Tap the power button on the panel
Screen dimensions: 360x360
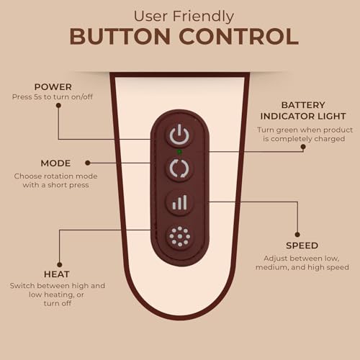(x=179, y=135)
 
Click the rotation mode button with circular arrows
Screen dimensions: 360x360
(x=179, y=168)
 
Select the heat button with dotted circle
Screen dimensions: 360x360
(x=179, y=236)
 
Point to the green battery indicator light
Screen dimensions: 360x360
(x=179, y=152)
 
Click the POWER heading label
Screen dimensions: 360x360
(x=53, y=87)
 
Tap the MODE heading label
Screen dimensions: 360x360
(x=55, y=163)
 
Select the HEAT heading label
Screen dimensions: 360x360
(x=57, y=274)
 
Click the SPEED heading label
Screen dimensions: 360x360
(x=302, y=246)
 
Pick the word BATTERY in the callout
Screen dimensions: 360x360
(x=303, y=105)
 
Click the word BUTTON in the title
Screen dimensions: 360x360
(x=120, y=37)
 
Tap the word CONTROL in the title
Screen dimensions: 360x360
(x=239, y=37)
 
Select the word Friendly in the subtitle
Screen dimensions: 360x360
(x=203, y=17)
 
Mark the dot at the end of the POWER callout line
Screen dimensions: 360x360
(x=58, y=105)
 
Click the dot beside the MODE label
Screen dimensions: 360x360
(x=88, y=163)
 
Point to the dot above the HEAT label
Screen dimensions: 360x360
(x=60, y=265)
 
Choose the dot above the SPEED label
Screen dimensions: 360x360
(x=297, y=235)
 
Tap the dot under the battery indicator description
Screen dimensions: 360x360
(x=303, y=146)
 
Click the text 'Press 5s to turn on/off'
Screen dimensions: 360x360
(x=53, y=97)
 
